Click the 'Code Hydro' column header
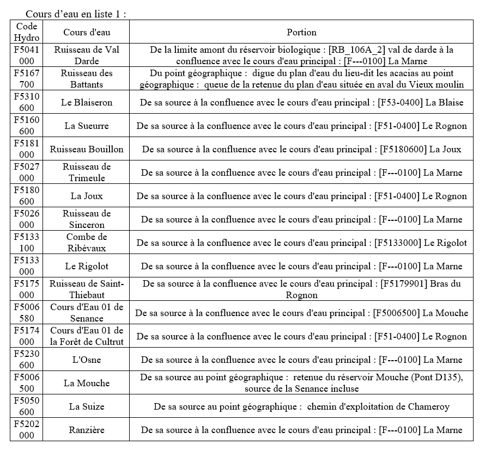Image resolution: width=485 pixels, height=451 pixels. click(27, 32)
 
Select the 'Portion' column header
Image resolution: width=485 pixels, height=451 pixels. click(301, 33)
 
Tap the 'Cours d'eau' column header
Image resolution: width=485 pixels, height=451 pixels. click(87, 33)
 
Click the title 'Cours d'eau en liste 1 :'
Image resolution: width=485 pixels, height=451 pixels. click(76, 14)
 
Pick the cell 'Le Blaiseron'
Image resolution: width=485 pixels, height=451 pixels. click(87, 102)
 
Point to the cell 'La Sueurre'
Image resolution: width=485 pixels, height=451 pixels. click(87, 126)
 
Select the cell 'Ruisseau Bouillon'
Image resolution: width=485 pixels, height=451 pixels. click(87, 149)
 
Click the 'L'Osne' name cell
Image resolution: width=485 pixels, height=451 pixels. click(87, 360)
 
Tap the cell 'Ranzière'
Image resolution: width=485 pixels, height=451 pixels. click(87, 430)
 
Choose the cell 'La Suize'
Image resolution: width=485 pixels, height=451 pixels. click(87, 406)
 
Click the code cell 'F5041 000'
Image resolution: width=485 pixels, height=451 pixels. click(27, 55)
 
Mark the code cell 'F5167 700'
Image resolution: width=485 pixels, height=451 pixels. click(27, 79)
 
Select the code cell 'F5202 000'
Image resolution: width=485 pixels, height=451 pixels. click(27, 430)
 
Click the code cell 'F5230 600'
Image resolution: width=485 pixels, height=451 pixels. click(27, 360)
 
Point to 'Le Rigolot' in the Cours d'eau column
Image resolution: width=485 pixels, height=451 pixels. click(87, 266)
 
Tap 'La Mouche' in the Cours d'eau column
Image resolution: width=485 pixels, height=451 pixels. click(87, 383)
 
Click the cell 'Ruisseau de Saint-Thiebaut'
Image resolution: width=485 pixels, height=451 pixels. click(87, 289)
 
